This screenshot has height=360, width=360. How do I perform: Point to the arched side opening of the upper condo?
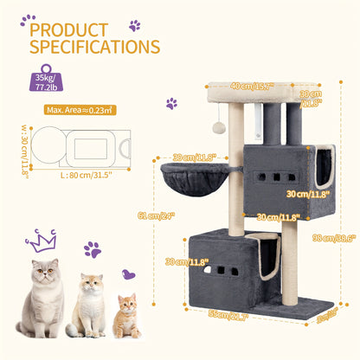click(x=323, y=168)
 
